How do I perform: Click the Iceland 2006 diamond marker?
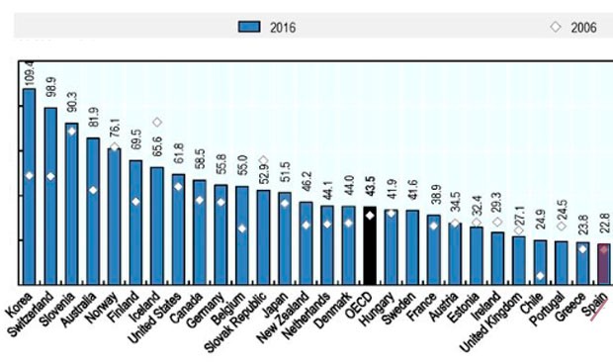click(156, 123)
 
